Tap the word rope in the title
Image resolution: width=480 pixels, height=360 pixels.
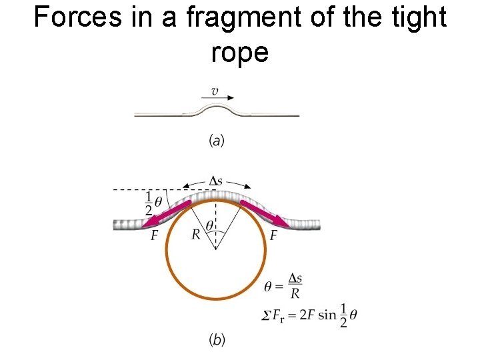[x=239, y=52]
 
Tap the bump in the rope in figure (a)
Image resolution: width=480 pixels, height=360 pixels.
[x=217, y=109]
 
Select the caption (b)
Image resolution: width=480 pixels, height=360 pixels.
[x=217, y=340]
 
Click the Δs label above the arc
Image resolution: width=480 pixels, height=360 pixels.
[x=216, y=181]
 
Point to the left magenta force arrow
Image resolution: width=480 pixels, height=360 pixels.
[x=167, y=213]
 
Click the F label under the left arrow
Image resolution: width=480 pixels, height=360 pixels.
[x=154, y=236]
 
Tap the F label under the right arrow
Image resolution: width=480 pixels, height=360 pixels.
[x=274, y=236]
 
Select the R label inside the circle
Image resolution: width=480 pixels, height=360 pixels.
[x=195, y=233]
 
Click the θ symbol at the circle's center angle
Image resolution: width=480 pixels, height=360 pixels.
[x=209, y=226]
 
